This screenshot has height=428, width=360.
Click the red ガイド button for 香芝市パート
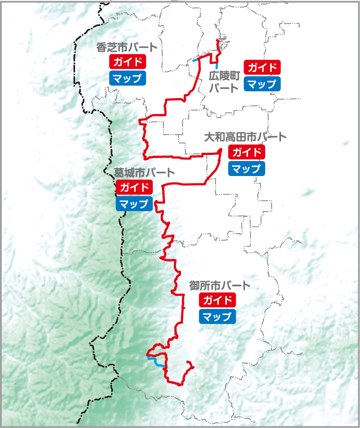click(x=127, y=61)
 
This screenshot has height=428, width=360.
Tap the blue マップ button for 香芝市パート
click(x=127, y=78)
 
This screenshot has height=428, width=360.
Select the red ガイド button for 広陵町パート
click(x=262, y=68)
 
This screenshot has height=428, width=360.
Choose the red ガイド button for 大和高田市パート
click(x=247, y=152)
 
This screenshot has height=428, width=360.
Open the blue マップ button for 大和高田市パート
click(x=247, y=169)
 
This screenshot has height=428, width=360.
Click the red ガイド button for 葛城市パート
click(x=134, y=187)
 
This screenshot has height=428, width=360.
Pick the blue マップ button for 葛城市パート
click(x=134, y=204)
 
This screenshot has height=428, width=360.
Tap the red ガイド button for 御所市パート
click(x=217, y=300)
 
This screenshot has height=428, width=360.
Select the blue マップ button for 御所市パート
click(x=217, y=317)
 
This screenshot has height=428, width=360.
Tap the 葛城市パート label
click(x=144, y=173)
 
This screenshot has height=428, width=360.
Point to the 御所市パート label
click(x=220, y=286)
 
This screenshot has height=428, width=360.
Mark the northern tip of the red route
click(x=217, y=41)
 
